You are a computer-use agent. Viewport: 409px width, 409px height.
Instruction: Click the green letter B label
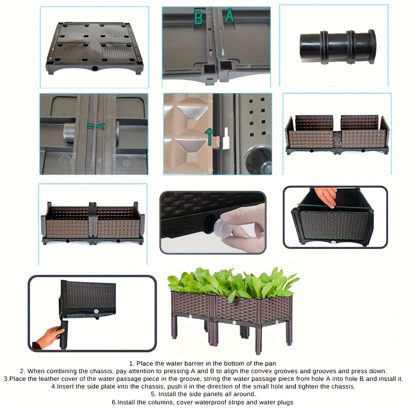pyautogui.click(x=198, y=18)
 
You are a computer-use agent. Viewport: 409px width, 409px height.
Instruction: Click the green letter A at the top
pyautogui.click(x=229, y=16)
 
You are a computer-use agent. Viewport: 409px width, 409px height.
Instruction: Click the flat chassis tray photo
pyautogui.click(x=95, y=49)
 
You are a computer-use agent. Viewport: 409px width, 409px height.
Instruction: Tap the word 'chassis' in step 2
pyautogui.click(x=104, y=371)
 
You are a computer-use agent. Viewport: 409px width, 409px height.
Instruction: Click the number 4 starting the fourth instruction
pyautogui.click(x=53, y=387)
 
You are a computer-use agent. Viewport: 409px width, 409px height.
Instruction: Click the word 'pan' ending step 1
pyautogui.click(x=270, y=363)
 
